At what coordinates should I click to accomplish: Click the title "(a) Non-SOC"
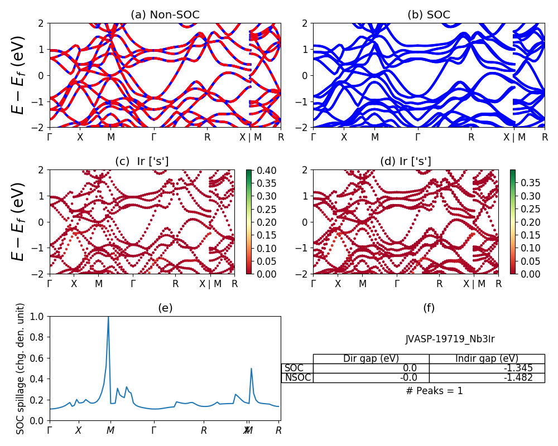coord(165,15)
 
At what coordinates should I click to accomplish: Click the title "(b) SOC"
coord(429,15)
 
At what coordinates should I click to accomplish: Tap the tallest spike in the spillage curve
coord(108,318)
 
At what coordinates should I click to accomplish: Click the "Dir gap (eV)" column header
coord(371,358)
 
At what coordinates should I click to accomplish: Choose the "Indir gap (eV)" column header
coord(487,358)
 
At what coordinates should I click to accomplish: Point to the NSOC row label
coord(297,377)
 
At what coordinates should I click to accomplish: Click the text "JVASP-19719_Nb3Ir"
coord(450,339)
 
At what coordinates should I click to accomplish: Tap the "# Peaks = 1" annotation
coord(434,391)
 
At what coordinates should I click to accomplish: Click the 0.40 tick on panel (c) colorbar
coord(263,169)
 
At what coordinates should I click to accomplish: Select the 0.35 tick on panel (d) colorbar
coord(527,182)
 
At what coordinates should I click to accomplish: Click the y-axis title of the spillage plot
coord(21,369)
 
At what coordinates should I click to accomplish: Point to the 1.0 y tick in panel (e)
coord(40,316)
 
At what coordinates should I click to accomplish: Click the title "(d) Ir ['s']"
coord(406,162)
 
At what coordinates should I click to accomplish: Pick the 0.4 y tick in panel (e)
coord(40,379)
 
